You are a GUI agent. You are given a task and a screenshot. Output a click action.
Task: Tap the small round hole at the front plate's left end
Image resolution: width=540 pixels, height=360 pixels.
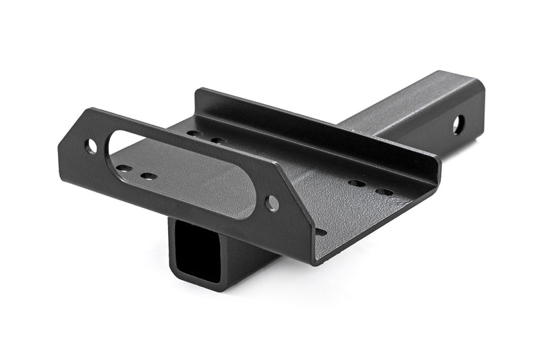coord(90,145)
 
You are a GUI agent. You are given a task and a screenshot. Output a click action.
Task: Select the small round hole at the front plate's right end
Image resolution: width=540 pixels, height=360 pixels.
coord(271,203)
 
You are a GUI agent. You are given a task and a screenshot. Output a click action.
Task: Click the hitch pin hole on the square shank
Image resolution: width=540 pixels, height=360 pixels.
coord(458,124)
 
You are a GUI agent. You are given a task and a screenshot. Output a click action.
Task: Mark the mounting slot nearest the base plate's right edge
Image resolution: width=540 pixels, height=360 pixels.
coord(383,192)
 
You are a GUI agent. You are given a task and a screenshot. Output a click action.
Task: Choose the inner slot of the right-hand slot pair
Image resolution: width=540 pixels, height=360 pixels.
coord(357,183)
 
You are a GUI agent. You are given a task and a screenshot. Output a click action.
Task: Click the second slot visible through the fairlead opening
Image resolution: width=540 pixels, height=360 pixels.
coord(148,176)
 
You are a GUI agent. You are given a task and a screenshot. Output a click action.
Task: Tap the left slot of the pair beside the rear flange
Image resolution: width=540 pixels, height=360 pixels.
coord(194,134)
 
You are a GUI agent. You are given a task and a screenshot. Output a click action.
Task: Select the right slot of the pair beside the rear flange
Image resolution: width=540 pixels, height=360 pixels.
coord(218,141)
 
